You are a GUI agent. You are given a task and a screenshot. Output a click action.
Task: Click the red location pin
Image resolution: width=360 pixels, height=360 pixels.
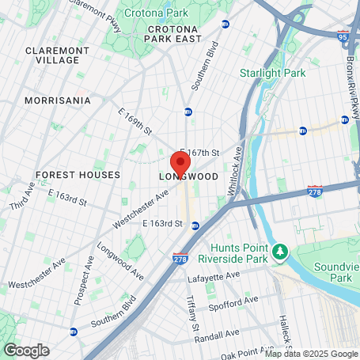pos(180,161)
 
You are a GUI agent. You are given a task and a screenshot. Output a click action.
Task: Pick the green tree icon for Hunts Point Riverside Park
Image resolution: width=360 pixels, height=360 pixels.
pos(279,252)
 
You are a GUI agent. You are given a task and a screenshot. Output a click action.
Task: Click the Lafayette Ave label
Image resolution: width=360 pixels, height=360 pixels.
pos(213,279)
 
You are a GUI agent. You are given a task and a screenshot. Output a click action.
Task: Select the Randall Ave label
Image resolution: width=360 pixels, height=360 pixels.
pos(213,333)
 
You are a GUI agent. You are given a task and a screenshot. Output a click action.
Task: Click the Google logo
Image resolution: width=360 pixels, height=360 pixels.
pos(26,350)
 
